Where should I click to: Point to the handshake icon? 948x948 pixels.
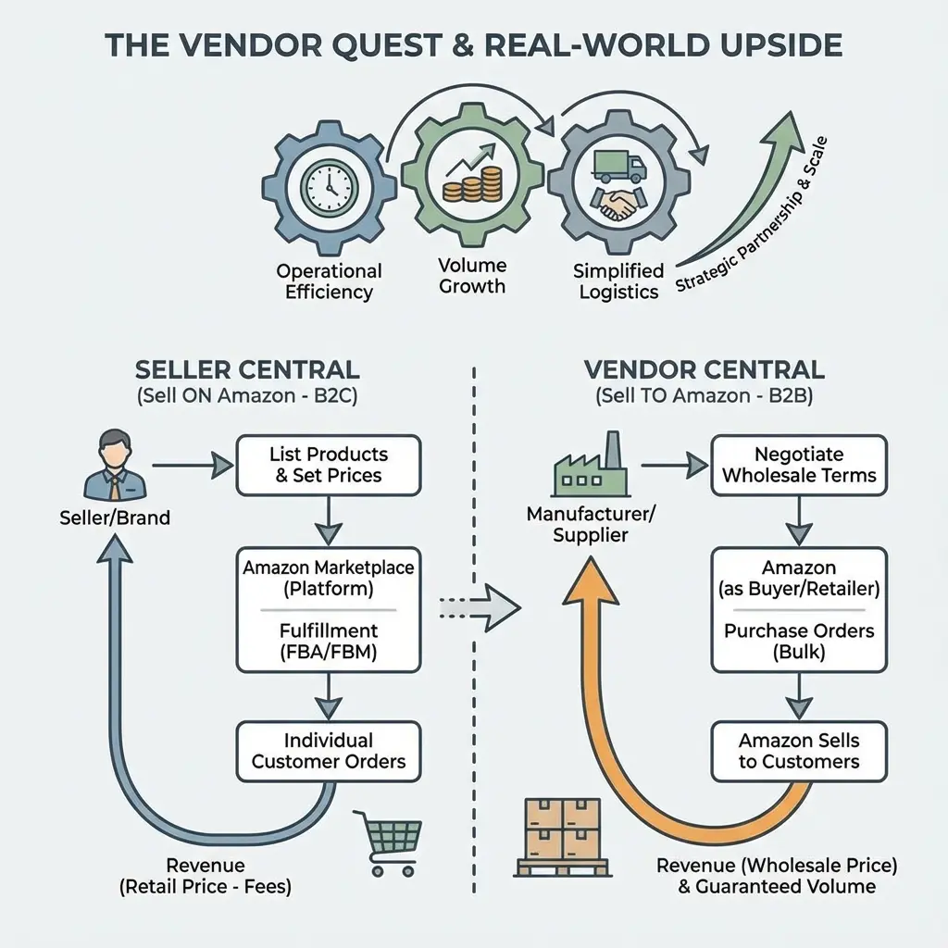pyautogui.click(x=615, y=205)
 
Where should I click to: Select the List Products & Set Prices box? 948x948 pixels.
pyautogui.click(x=329, y=465)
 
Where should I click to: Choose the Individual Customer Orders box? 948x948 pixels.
pyautogui.click(x=329, y=751)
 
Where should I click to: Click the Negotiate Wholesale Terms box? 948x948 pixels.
pyautogui.click(x=799, y=465)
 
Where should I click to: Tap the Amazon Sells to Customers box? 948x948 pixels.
pyautogui.click(x=799, y=751)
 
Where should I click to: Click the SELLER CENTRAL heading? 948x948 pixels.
pyautogui.click(x=247, y=370)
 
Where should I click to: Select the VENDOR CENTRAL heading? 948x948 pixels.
pyautogui.click(x=705, y=370)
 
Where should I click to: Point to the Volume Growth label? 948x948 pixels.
pyautogui.click(x=472, y=276)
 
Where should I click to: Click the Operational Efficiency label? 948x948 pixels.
pyautogui.click(x=329, y=281)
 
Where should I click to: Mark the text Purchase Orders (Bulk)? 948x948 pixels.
pyautogui.click(x=799, y=641)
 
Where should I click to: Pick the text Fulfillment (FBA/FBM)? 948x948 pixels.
pyautogui.click(x=329, y=641)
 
